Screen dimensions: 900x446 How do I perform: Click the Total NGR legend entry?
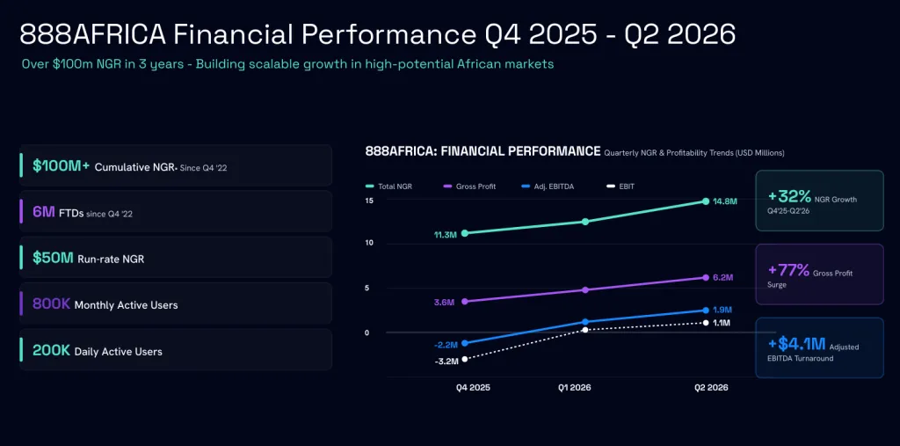click(388, 186)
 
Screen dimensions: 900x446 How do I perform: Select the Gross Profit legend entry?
click(469, 186)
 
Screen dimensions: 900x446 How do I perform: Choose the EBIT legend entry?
click(620, 186)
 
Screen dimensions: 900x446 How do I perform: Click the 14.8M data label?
click(725, 201)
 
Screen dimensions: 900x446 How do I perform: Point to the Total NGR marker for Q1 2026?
click(585, 222)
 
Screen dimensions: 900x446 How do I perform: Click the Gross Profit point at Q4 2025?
click(464, 301)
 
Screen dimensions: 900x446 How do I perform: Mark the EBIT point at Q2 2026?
click(706, 323)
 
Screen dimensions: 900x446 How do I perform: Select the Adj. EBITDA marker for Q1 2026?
click(585, 322)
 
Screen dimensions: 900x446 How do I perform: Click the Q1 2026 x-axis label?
click(575, 388)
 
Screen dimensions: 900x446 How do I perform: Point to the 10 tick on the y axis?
click(370, 243)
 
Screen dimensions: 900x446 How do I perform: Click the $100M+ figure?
click(61, 166)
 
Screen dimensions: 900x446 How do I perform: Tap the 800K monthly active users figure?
click(51, 303)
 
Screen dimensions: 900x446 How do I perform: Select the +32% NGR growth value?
click(789, 197)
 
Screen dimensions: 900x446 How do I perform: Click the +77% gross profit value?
click(788, 270)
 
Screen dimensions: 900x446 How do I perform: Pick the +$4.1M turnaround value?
click(796, 344)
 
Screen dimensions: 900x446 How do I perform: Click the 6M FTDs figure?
click(44, 212)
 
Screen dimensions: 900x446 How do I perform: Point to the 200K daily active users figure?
click(51, 350)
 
